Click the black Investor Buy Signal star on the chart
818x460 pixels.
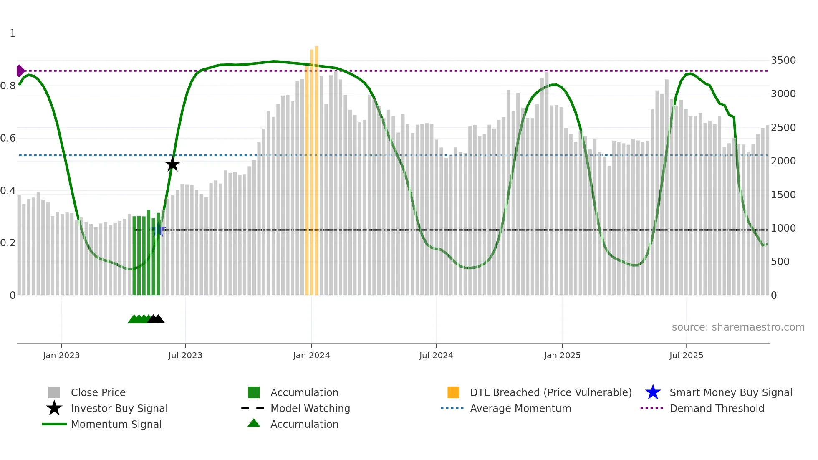coord(172,164)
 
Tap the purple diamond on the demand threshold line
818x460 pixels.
coord(20,71)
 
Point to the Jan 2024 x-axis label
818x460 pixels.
coord(311,355)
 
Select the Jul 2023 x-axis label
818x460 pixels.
coord(185,355)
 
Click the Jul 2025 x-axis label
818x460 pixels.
coord(686,355)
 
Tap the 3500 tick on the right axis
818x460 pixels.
coord(783,61)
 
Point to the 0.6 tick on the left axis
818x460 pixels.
coord(8,138)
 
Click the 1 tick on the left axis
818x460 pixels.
coord(13,33)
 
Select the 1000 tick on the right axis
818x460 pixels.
coord(783,228)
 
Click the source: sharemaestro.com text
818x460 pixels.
coord(738,327)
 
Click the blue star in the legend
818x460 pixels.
coord(653,392)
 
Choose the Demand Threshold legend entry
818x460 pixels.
coord(717,408)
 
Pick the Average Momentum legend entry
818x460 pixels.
coord(520,408)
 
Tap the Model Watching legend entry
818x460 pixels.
coord(310,408)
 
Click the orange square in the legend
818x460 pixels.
coord(453,392)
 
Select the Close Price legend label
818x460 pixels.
coord(98,392)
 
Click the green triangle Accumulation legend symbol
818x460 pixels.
coord(254,423)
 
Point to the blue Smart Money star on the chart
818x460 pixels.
coord(158,230)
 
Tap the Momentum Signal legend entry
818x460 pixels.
coord(116,424)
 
